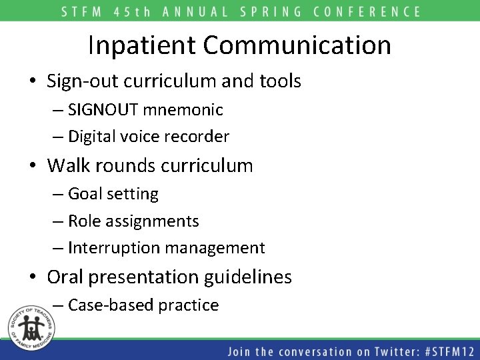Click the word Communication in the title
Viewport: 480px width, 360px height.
point(297,45)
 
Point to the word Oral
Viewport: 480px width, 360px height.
point(66,277)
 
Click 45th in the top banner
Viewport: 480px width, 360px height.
point(141,11)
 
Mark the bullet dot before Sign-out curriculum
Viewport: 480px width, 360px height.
point(33,82)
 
